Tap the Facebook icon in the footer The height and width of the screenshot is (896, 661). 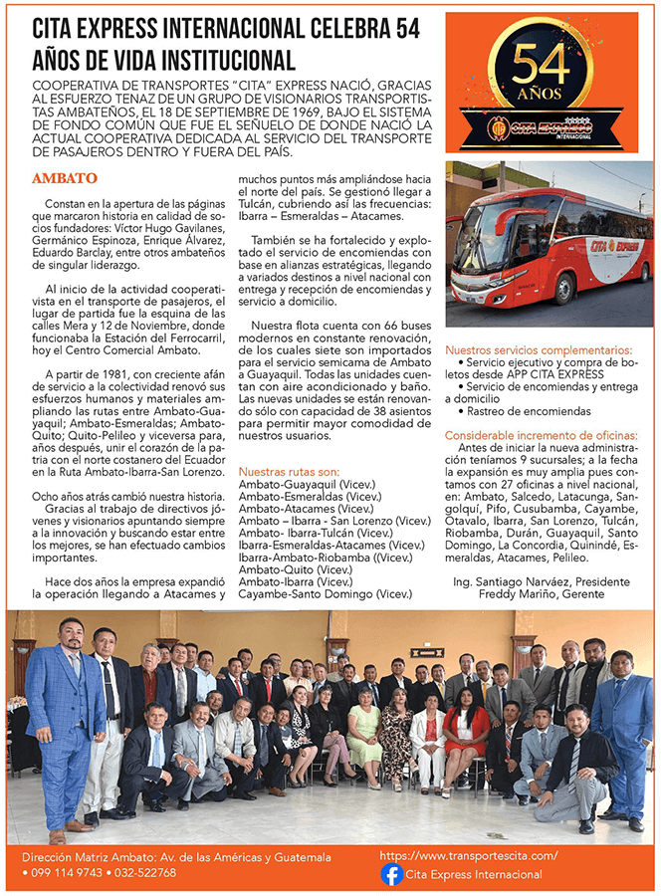[x=393, y=874]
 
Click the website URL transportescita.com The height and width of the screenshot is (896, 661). [x=468, y=855]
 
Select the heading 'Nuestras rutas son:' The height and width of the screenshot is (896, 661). [x=289, y=471]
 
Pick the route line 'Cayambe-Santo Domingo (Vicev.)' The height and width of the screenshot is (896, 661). [x=312, y=594]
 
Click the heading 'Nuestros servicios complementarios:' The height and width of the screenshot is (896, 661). [x=539, y=350]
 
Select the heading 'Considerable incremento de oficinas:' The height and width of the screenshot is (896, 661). [x=542, y=435]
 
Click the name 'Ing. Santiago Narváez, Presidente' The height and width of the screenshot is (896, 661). [x=541, y=580]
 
